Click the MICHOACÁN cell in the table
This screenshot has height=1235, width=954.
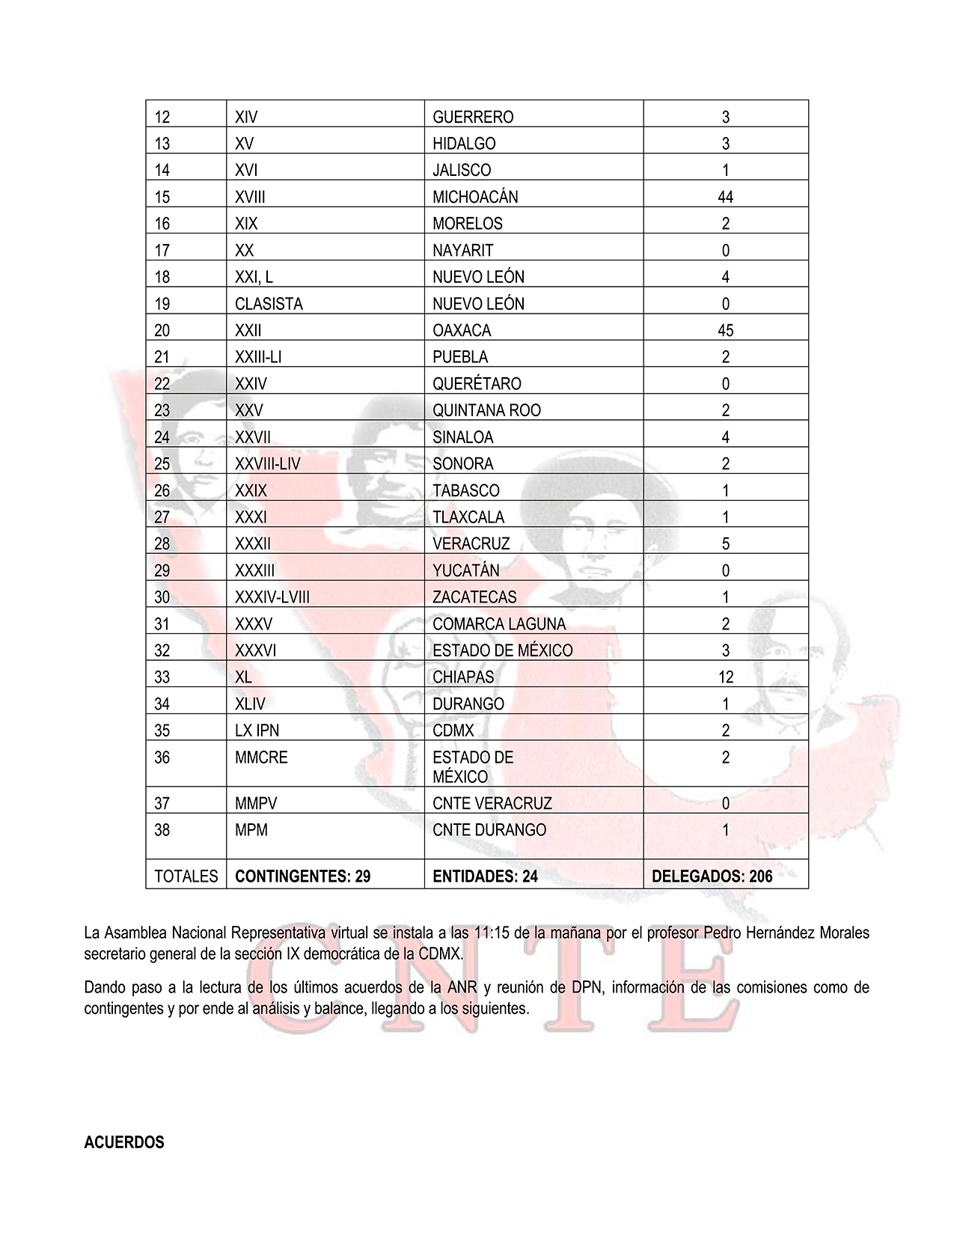tap(475, 197)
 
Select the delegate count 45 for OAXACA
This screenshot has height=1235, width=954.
tap(725, 330)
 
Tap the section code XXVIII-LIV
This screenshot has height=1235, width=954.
tap(267, 464)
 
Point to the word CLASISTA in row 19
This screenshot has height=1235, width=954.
tap(269, 304)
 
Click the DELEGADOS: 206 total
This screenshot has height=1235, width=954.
tap(712, 876)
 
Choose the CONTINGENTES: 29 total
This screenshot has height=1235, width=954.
tap(302, 876)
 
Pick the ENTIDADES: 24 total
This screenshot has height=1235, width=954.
tap(485, 876)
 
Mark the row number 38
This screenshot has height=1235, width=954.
tap(162, 830)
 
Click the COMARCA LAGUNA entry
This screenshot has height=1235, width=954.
tap(499, 624)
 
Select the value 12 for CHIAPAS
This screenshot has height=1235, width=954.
tap(725, 677)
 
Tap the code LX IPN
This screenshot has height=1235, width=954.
tap(257, 731)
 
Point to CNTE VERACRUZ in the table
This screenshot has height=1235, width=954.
tap(492, 804)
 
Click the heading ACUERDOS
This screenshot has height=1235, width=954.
tap(124, 1142)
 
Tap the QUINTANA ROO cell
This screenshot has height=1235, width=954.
tap(486, 410)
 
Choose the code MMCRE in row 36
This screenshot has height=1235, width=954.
tap(261, 757)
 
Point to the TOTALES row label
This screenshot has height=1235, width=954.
tap(186, 876)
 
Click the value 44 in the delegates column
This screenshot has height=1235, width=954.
tap(725, 197)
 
